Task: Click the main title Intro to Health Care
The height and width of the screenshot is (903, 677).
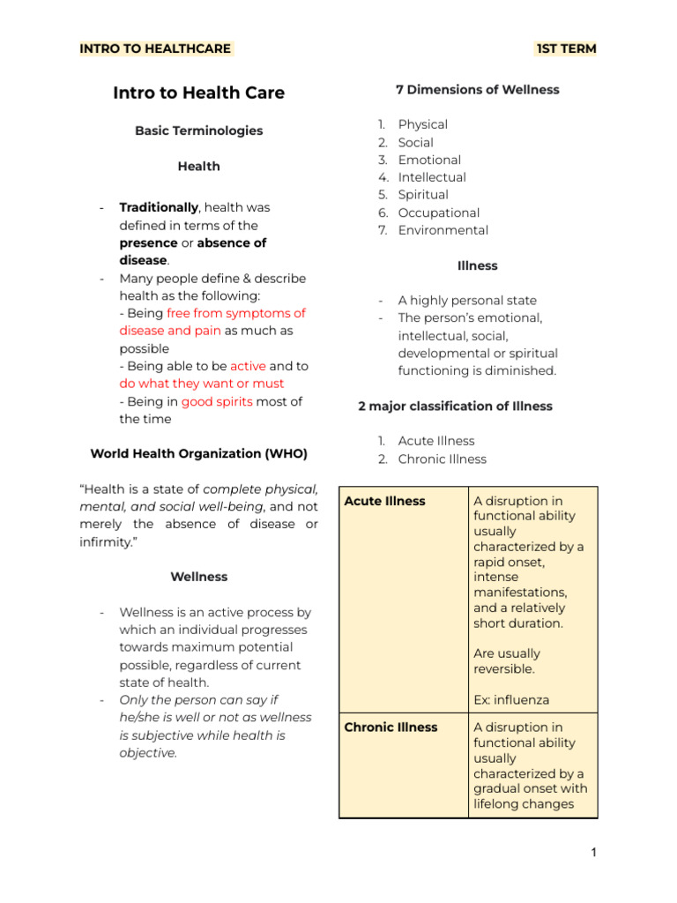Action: pos(198,93)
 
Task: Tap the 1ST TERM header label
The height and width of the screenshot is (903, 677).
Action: pos(566,49)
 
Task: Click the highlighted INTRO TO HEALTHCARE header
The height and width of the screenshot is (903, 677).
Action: pos(155,49)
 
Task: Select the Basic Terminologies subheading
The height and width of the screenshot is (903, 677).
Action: pos(198,131)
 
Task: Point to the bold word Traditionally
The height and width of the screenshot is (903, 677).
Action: pos(159,207)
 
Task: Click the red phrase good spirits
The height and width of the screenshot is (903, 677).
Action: pos(217,401)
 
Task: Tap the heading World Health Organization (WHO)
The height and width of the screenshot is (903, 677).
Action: pos(198,453)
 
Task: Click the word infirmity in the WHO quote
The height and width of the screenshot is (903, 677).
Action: pos(105,541)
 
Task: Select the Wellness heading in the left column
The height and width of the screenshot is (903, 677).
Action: pos(198,577)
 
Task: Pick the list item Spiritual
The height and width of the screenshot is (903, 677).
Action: pos(423,195)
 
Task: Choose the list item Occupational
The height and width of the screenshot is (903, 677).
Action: pos(439,213)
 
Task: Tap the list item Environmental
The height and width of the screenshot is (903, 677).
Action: pos(443,230)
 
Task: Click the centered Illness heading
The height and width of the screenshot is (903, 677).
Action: pos(477,265)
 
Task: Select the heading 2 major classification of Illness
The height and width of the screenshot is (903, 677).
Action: pos(455,407)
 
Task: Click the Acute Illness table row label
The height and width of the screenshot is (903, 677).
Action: pos(384,501)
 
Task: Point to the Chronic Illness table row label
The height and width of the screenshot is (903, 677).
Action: pos(391,728)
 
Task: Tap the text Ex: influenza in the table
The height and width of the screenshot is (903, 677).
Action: pos(511,700)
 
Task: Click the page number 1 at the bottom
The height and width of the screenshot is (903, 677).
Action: pos(594,852)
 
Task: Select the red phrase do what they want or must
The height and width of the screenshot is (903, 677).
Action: pos(202,384)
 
